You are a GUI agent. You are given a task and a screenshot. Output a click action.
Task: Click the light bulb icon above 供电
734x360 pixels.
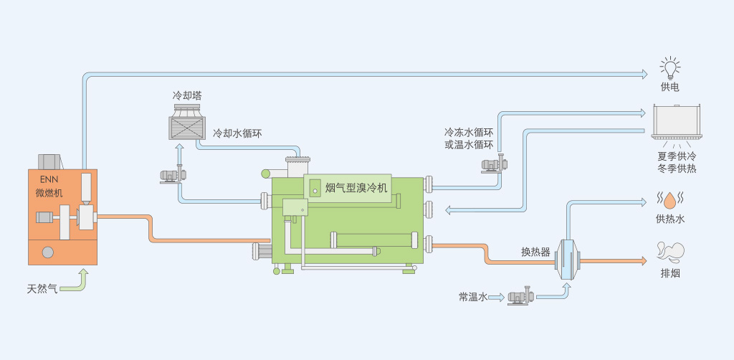670,68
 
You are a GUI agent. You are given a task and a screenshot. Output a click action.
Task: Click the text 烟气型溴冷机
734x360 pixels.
357,188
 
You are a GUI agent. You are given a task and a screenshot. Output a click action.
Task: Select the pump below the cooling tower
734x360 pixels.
173,176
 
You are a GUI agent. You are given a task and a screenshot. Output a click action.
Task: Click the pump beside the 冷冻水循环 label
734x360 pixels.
495,164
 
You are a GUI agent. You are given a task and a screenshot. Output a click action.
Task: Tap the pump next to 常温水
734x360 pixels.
521,297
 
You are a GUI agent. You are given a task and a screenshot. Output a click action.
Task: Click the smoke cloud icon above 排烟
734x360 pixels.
670,252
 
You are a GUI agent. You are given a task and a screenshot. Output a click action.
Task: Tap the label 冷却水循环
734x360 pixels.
237,133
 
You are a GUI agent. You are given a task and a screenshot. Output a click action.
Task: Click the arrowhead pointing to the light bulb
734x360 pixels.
644,74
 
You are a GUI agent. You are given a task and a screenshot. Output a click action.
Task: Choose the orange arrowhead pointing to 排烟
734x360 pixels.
643,261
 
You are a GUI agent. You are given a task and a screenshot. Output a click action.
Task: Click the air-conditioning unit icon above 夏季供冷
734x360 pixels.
677,122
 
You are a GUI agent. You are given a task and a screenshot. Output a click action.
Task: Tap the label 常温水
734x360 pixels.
473,296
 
